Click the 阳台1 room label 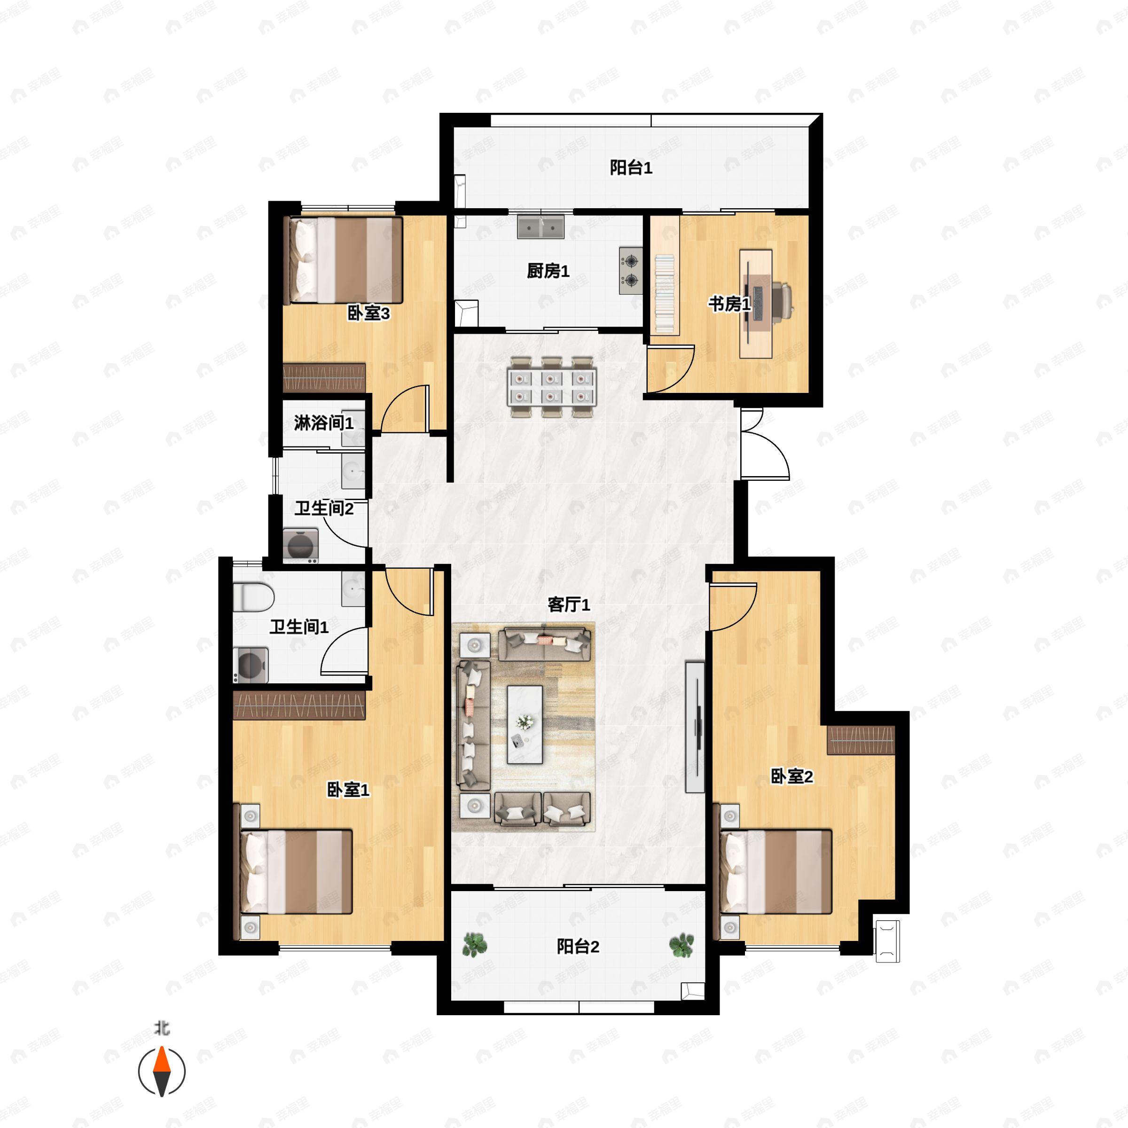(631, 168)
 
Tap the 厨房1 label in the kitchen (548, 271)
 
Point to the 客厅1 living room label (569, 604)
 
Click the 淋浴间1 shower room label (323, 423)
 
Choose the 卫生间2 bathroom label (323, 509)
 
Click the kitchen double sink (540, 227)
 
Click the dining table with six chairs (552, 387)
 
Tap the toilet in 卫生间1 (253, 597)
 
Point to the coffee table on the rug (525, 724)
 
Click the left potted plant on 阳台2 (475, 945)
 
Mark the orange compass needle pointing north (162, 1060)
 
